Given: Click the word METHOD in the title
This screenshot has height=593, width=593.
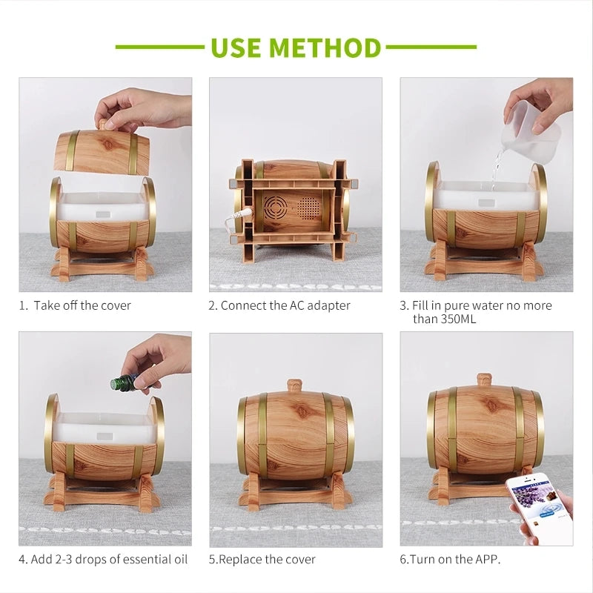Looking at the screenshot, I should pyautogui.click(x=325, y=47).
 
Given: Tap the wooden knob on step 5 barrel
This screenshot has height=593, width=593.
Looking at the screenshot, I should pyautogui.click(x=296, y=386).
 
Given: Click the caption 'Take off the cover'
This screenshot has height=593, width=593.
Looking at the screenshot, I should pyautogui.click(x=82, y=305).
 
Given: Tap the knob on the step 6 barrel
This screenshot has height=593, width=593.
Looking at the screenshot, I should pyautogui.click(x=484, y=380).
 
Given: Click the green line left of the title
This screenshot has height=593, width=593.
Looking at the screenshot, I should pyautogui.click(x=160, y=47).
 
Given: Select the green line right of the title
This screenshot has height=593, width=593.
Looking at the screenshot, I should pyautogui.click(x=432, y=47).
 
